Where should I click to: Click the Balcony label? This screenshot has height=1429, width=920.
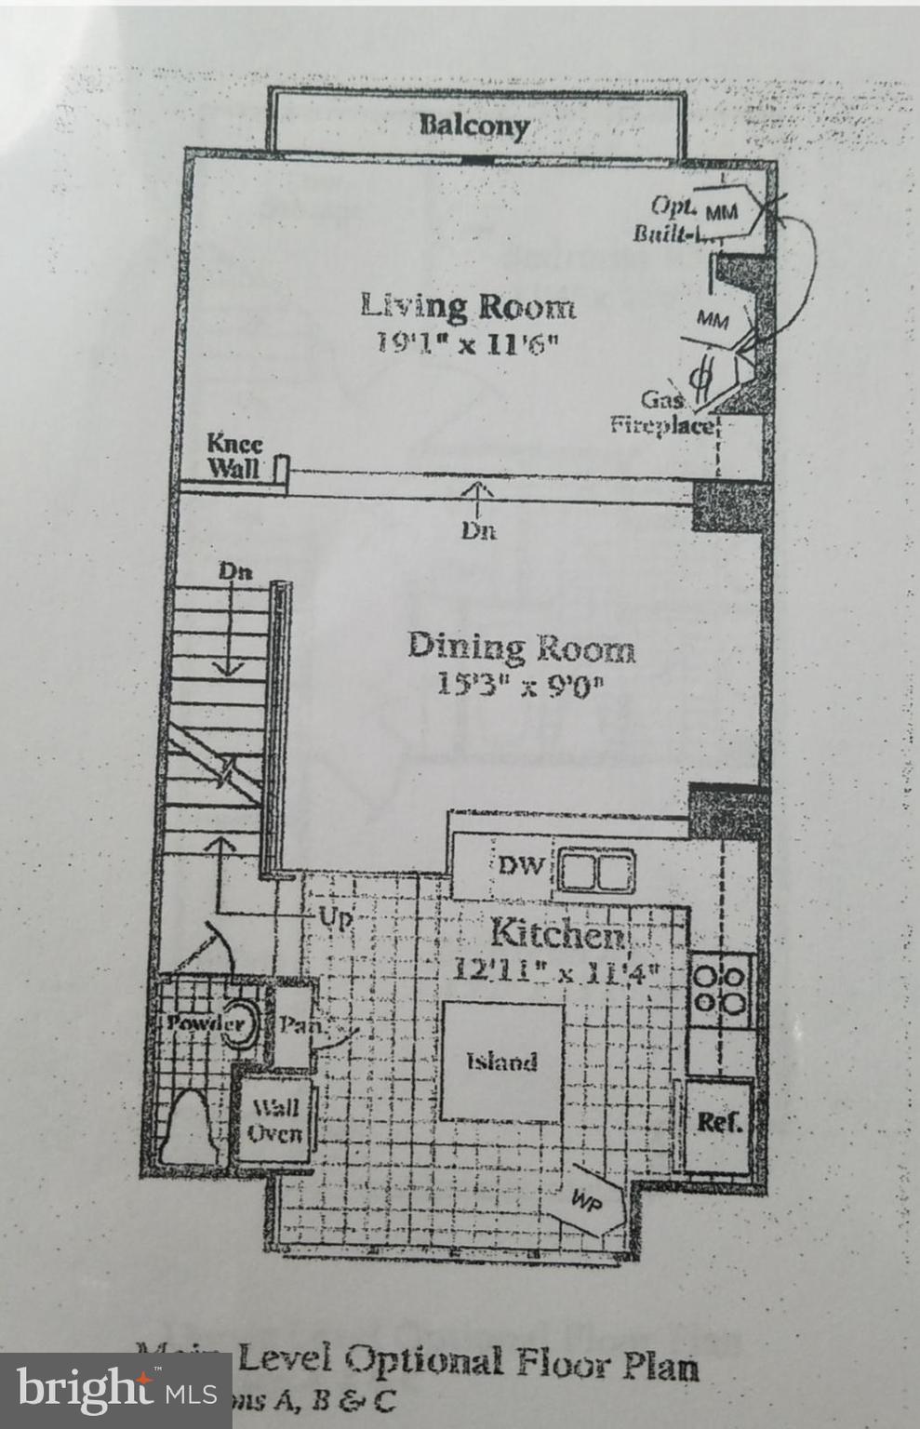coord(473,125)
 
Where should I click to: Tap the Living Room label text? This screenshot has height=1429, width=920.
coord(467,305)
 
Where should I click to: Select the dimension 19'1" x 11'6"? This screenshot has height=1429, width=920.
coord(467,342)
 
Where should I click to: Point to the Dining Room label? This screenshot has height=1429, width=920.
coord(521,647)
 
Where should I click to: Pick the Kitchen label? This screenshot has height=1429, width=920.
coord(557,933)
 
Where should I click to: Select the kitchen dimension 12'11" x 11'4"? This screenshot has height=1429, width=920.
coord(555,969)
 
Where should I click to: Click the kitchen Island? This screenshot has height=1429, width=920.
coord(501,1062)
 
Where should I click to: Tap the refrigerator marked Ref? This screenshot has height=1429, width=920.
coord(719,1122)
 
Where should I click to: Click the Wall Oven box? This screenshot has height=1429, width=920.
coord(274,1119)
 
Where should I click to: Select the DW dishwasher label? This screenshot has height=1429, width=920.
coord(520,866)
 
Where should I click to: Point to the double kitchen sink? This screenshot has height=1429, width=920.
coord(595,873)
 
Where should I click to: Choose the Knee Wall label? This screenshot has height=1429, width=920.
coord(233,456)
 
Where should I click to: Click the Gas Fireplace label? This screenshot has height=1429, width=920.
coord(661,413)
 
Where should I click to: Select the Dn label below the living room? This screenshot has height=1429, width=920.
coord(479,531)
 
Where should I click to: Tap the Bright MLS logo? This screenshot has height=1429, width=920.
coord(115,1391)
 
